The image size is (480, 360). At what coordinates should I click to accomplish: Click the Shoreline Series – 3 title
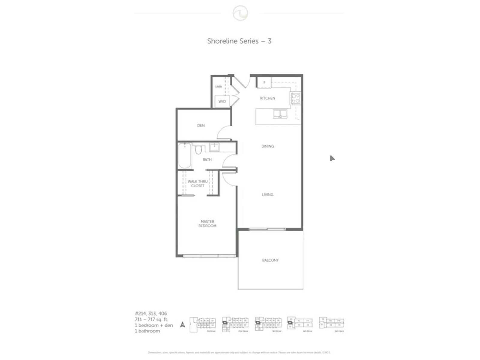[239, 41]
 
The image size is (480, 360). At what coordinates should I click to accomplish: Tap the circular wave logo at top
[240, 13]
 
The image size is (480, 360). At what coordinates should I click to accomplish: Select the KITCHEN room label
[267, 98]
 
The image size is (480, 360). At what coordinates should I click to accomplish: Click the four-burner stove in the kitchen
[295, 98]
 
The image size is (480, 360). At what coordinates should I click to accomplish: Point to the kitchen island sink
[280, 114]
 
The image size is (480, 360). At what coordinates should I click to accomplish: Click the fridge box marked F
[264, 82]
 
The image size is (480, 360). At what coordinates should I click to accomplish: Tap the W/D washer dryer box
[222, 101]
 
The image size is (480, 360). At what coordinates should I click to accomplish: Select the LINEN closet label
[219, 87]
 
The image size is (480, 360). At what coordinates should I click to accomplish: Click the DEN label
[201, 125]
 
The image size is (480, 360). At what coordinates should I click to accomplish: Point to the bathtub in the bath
[184, 156]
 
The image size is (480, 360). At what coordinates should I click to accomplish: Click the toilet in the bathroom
[198, 150]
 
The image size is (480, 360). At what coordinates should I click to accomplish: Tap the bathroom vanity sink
[214, 147]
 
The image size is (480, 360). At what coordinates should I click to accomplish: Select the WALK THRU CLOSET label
[197, 184]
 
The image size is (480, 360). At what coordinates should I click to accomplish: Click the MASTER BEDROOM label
[207, 223]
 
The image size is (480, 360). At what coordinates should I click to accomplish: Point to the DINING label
[267, 146]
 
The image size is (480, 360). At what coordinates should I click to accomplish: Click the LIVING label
[267, 194]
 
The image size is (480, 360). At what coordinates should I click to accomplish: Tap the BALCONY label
[270, 260]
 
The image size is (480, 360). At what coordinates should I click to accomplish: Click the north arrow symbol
[182, 324]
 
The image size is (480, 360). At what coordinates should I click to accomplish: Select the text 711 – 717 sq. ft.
[151, 319]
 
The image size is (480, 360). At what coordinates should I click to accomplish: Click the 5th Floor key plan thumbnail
[331, 324]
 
